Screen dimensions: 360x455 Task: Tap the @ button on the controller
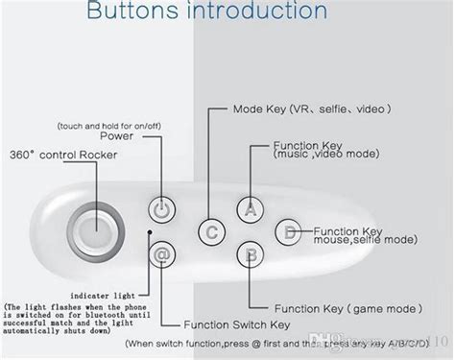(x=161, y=254)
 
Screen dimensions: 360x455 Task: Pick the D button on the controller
(x=288, y=231)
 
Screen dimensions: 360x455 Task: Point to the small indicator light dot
(x=149, y=231)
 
